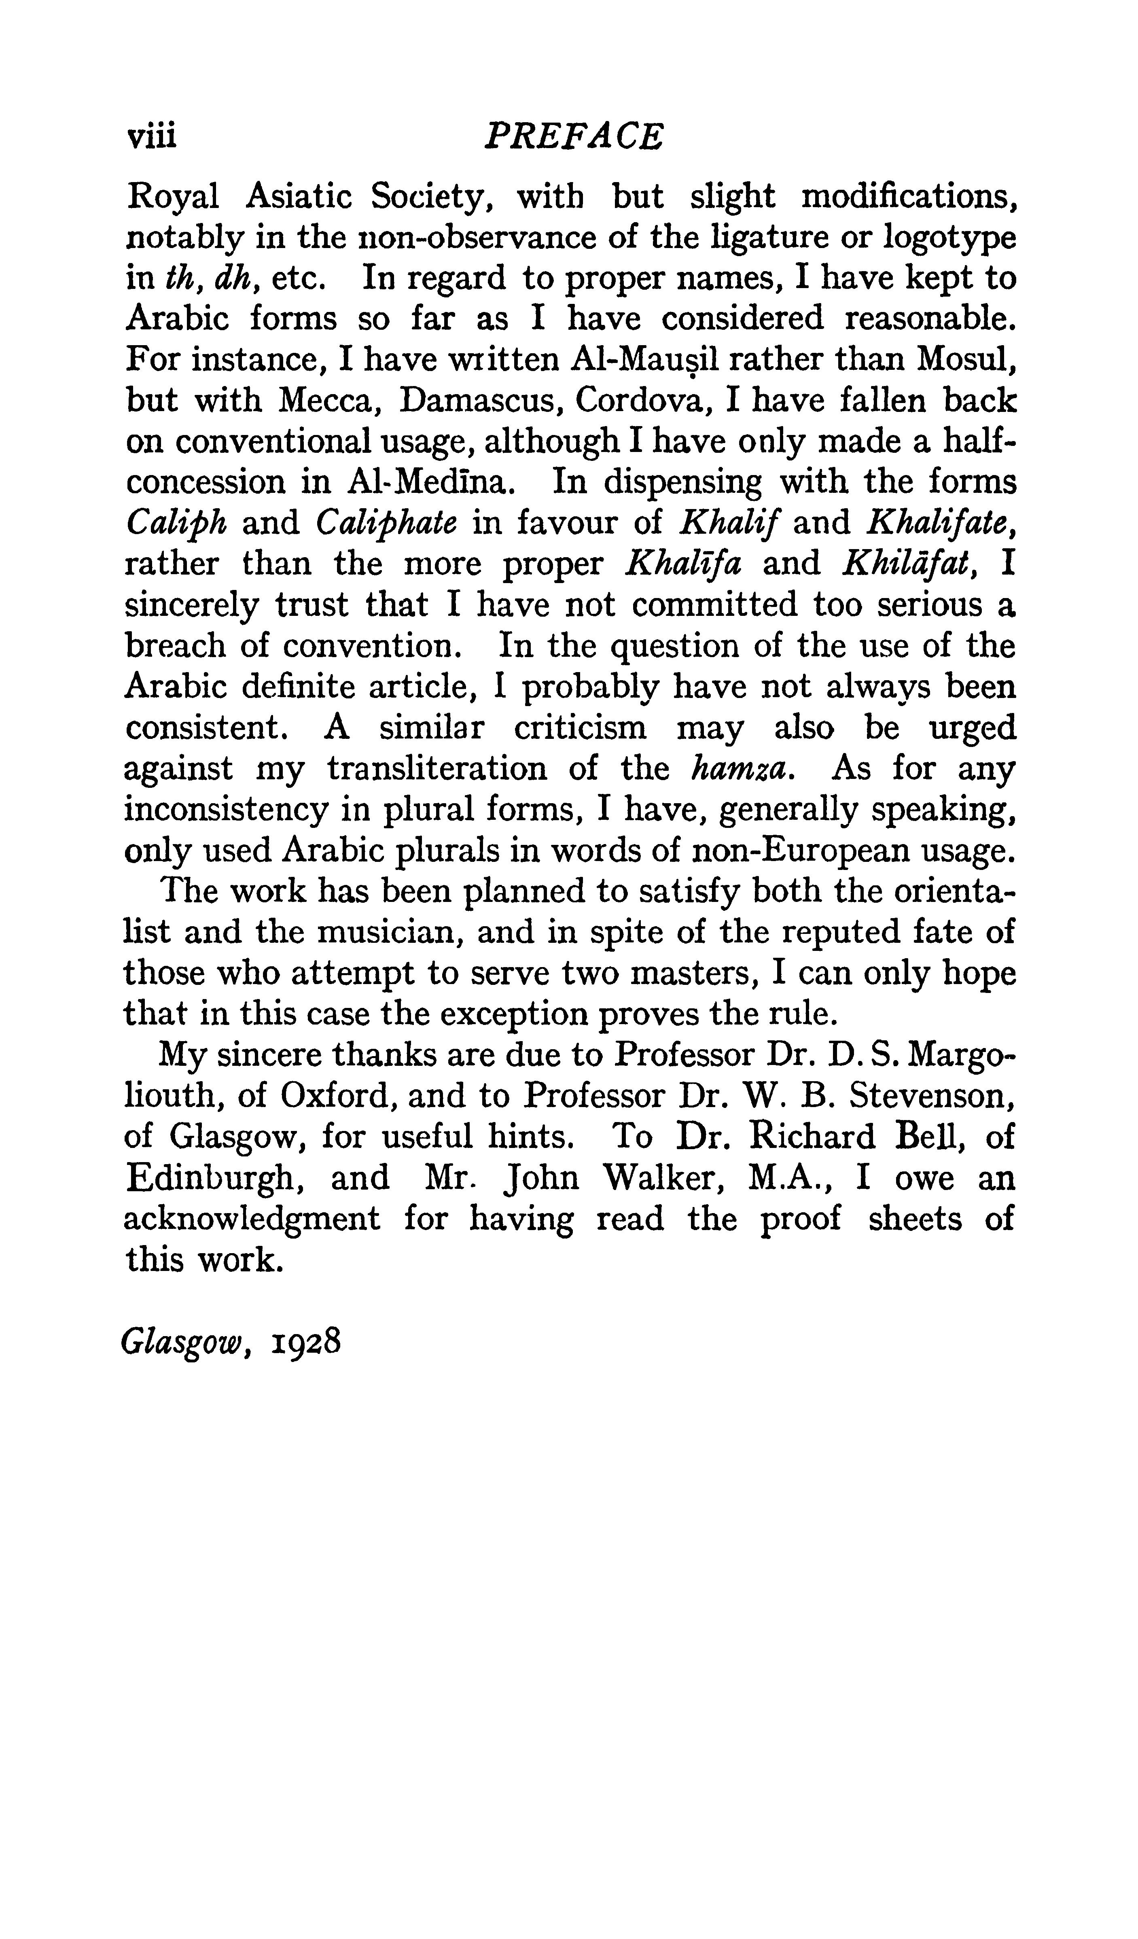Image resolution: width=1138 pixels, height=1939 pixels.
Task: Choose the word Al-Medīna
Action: (428, 482)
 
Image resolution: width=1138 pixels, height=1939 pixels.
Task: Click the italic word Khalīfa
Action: (683, 564)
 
